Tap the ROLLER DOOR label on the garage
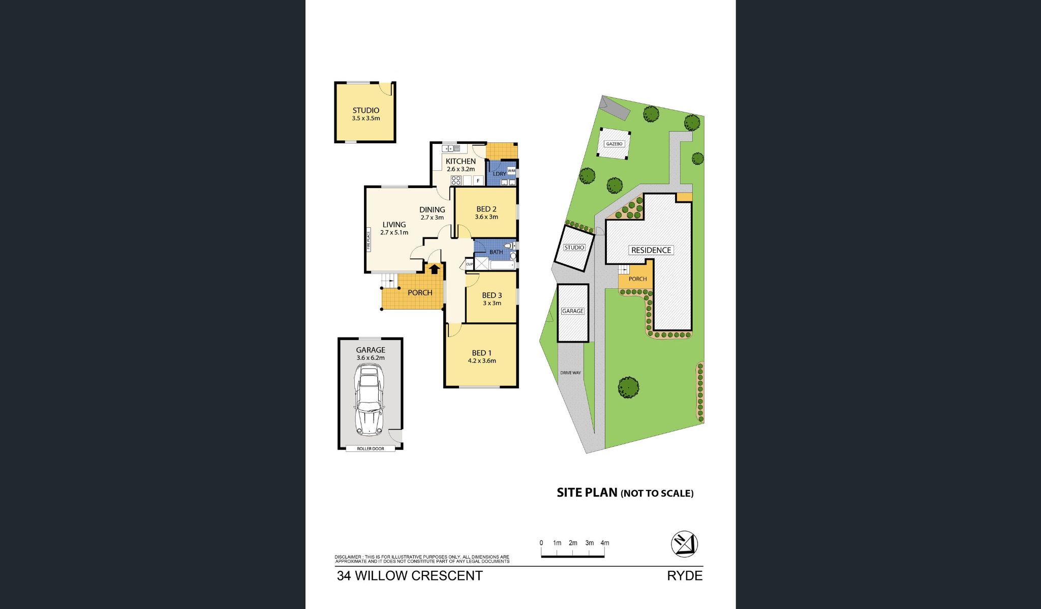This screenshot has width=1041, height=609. point(371,448)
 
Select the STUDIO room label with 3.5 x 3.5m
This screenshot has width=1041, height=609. point(366,110)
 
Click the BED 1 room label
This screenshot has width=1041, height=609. point(481,353)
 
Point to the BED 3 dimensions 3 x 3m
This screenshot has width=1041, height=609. point(492,303)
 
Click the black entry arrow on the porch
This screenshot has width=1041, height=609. point(434,269)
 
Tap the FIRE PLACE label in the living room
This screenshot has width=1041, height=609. point(369,240)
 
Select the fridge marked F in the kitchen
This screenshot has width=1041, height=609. point(478,180)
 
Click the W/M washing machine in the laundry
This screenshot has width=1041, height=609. point(511,171)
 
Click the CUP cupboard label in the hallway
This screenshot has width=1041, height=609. point(469,264)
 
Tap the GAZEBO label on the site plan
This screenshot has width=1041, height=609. point(614,144)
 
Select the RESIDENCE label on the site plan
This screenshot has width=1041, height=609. point(651,250)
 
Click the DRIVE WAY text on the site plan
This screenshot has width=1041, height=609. point(570,373)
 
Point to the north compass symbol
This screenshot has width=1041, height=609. point(684,544)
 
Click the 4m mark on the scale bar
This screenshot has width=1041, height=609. point(604,543)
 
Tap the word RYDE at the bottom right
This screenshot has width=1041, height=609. point(685,576)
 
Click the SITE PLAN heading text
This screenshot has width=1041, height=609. point(587,492)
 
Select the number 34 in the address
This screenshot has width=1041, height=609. point(344,576)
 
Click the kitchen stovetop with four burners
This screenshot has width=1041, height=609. point(456,180)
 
